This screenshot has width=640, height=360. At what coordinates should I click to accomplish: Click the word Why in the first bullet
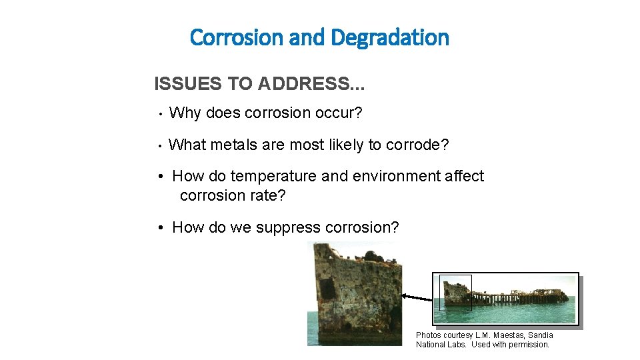pos(185,113)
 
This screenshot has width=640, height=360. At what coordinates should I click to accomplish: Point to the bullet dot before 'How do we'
pos(161,228)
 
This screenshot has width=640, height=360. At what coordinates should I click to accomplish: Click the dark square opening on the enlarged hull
pos(327,289)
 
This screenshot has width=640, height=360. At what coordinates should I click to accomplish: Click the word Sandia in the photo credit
pos(541,335)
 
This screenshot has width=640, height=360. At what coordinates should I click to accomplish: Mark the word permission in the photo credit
pos(527,345)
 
